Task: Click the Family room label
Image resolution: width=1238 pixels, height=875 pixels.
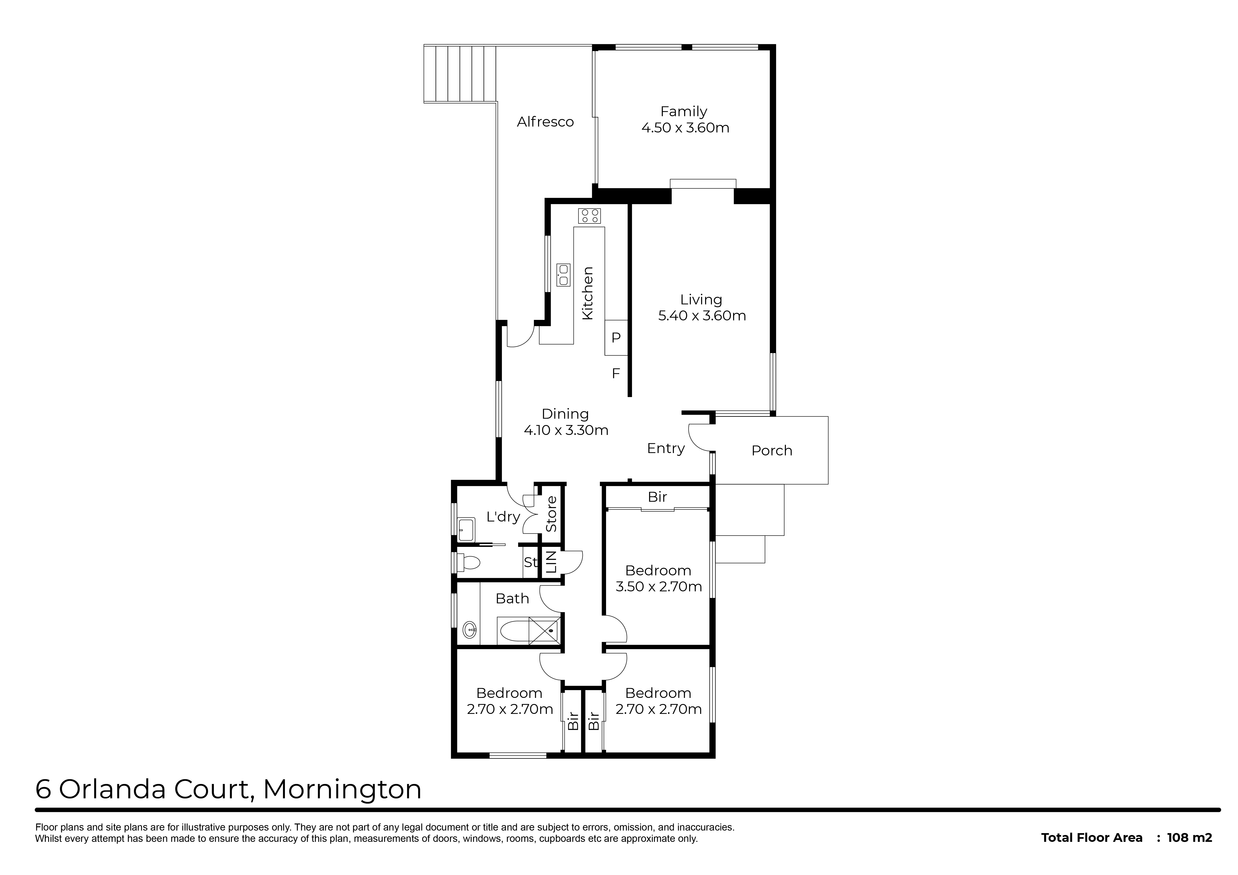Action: pyautogui.click(x=684, y=111)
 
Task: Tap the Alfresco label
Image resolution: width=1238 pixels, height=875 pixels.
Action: pyautogui.click(x=545, y=122)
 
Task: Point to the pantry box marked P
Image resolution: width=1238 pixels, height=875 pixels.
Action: pyautogui.click(x=616, y=338)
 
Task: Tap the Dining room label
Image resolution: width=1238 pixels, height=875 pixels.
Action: pyautogui.click(x=565, y=414)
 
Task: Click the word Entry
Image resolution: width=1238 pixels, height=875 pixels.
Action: pyautogui.click(x=666, y=449)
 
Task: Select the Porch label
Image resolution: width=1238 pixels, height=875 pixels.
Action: pyautogui.click(x=772, y=451)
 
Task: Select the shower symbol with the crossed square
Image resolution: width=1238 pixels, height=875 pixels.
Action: pyautogui.click(x=545, y=630)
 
